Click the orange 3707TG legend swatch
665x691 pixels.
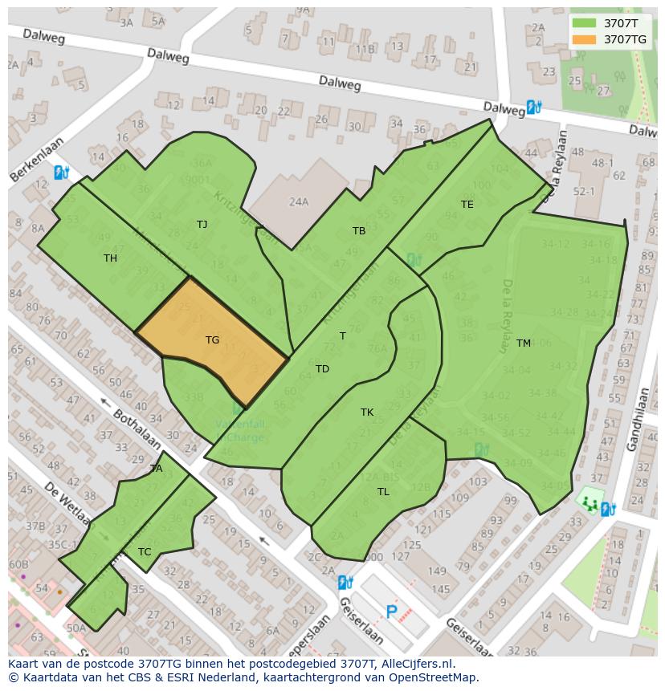click(584, 39)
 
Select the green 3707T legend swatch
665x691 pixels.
click(584, 23)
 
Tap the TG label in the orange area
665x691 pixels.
click(212, 340)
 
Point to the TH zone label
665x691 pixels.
click(110, 258)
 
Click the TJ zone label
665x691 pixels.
click(202, 225)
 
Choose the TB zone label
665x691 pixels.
click(359, 231)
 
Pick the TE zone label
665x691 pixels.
click(467, 205)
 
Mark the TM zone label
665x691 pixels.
click(524, 343)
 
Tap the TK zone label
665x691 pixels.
click(367, 413)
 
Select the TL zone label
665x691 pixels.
click(383, 492)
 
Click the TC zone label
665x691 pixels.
click(145, 552)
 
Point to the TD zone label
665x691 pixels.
click(322, 369)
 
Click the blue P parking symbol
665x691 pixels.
click(392, 612)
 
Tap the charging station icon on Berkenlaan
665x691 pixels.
click(61, 172)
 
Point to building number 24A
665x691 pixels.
click(299, 202)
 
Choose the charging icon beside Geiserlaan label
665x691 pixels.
click(345, 582)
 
